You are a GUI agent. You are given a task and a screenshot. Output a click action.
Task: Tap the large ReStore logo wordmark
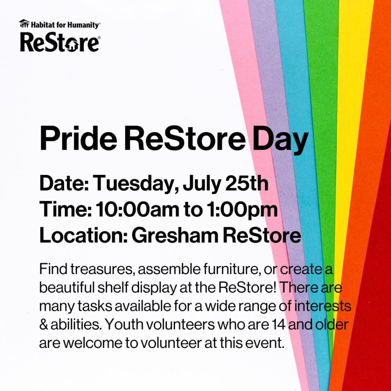[x=60, y=43]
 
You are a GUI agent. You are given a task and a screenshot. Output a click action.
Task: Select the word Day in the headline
[x=280, y=140]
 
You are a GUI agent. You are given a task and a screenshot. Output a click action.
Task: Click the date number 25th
[x=247, y=183]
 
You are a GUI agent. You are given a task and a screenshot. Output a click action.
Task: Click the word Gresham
[x=175, y=235]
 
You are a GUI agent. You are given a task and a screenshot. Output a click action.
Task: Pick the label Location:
[x=84, y=235]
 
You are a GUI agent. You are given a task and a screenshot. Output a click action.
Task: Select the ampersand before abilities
[x=44, y=325]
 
